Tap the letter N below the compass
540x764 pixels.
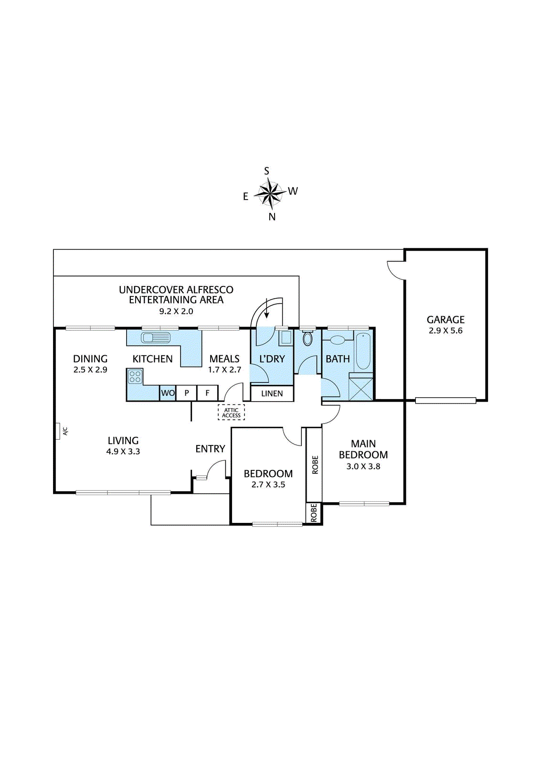(x=272, y=217)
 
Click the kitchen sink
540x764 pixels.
(x=155, y=337)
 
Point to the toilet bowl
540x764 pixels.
(x=307, y=339)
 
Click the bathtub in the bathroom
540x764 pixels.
(x=362, y=351)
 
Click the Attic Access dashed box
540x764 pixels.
(x=231, y=413)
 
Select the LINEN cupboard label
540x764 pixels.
(x=272, y=393)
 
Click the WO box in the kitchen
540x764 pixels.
(x=168, y=393)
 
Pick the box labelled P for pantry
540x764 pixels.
(x=187, y=393)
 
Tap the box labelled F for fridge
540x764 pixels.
(x=207, y=393)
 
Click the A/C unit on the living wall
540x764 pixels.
(x=58, y=431)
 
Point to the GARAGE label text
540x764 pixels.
(x=445, y=319)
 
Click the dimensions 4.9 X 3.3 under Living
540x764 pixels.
(x=123, y=451)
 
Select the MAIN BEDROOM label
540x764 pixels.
(x=363, y=449)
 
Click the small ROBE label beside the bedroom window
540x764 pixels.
(x=314, y=513)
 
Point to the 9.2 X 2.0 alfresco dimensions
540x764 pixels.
(x=176, y=311)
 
